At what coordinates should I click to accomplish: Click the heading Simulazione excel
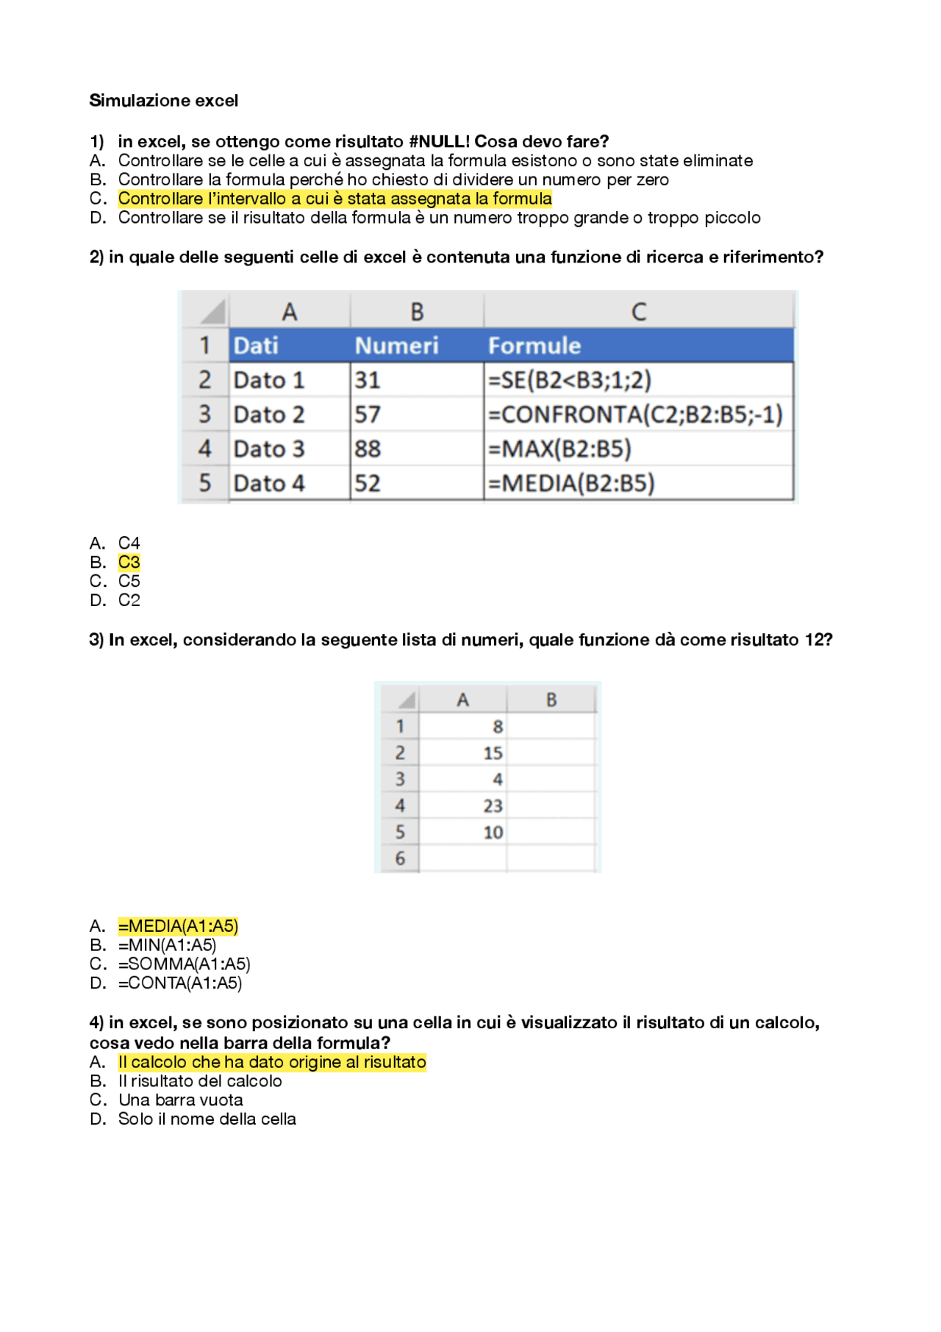pos(163,101)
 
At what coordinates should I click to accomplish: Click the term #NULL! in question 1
pos(439,141)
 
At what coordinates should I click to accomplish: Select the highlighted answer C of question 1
pos(334,199)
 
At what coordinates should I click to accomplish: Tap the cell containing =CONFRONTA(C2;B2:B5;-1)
pos(636,415)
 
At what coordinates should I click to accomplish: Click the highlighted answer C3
pos(129,563)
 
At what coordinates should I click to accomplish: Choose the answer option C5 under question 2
pos(129,582)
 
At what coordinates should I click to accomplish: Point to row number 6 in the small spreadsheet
pos(400,858)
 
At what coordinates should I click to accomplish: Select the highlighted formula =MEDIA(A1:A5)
pos(178,926)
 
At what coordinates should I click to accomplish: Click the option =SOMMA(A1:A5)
pos(184,964)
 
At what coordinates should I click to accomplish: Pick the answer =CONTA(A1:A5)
pos(179,983)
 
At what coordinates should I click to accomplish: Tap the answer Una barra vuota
pos(180,1100)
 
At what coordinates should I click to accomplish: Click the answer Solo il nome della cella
pos(207,1119)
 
